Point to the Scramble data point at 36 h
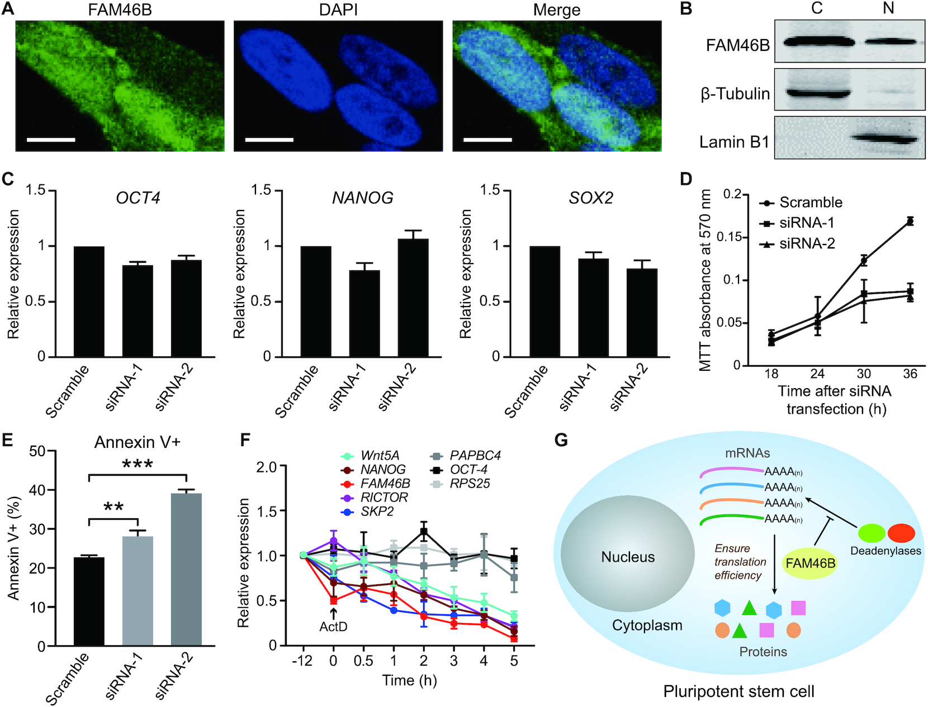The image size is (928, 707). click(910, 222)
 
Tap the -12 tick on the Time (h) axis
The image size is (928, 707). click(302, 661)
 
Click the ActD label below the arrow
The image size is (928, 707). click(333, 627)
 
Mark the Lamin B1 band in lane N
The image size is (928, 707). click(885, 138)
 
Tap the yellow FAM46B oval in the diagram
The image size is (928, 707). click(810, 563)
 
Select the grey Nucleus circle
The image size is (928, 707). click(627, 556)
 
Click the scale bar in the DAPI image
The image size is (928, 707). click(269, 139)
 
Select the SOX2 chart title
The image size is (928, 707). click(591, 198)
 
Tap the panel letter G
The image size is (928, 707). click(561, 441)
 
